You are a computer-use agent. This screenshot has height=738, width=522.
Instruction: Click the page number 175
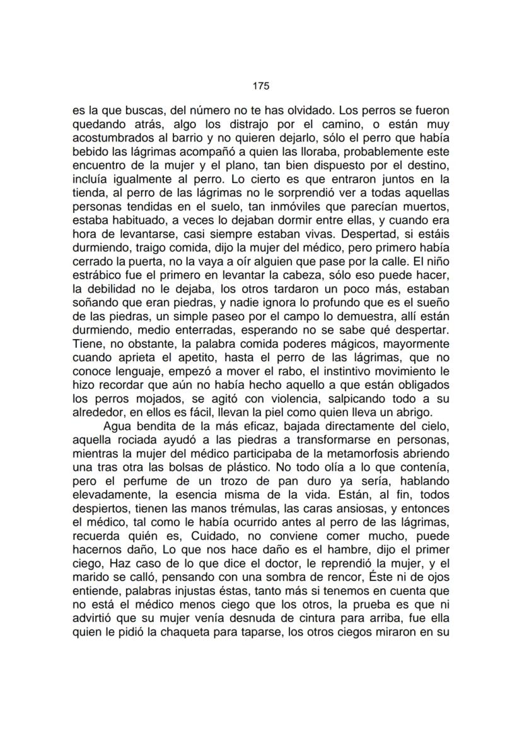[x=261, y=86]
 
